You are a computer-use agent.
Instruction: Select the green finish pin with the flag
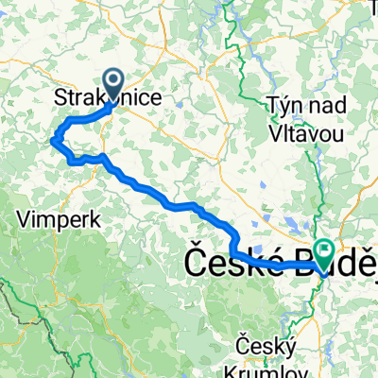[325, 253]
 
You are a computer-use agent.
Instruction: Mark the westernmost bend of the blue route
[51, 142]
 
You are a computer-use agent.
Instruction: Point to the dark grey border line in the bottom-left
[19, 312]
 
